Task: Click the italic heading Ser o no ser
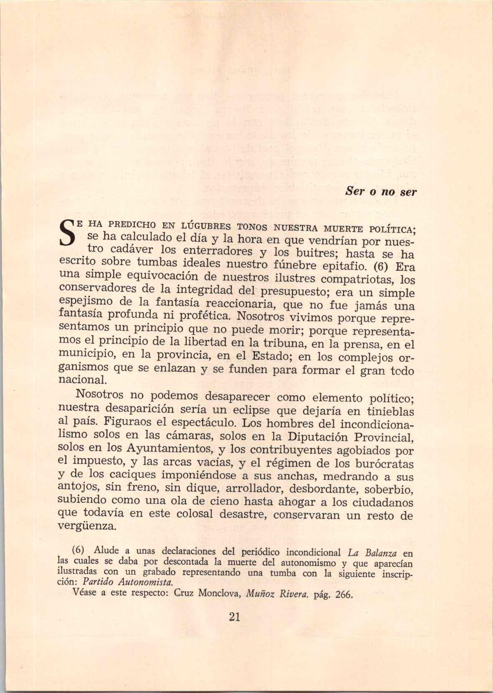coord(381,192)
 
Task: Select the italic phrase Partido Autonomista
coord(128,582)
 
